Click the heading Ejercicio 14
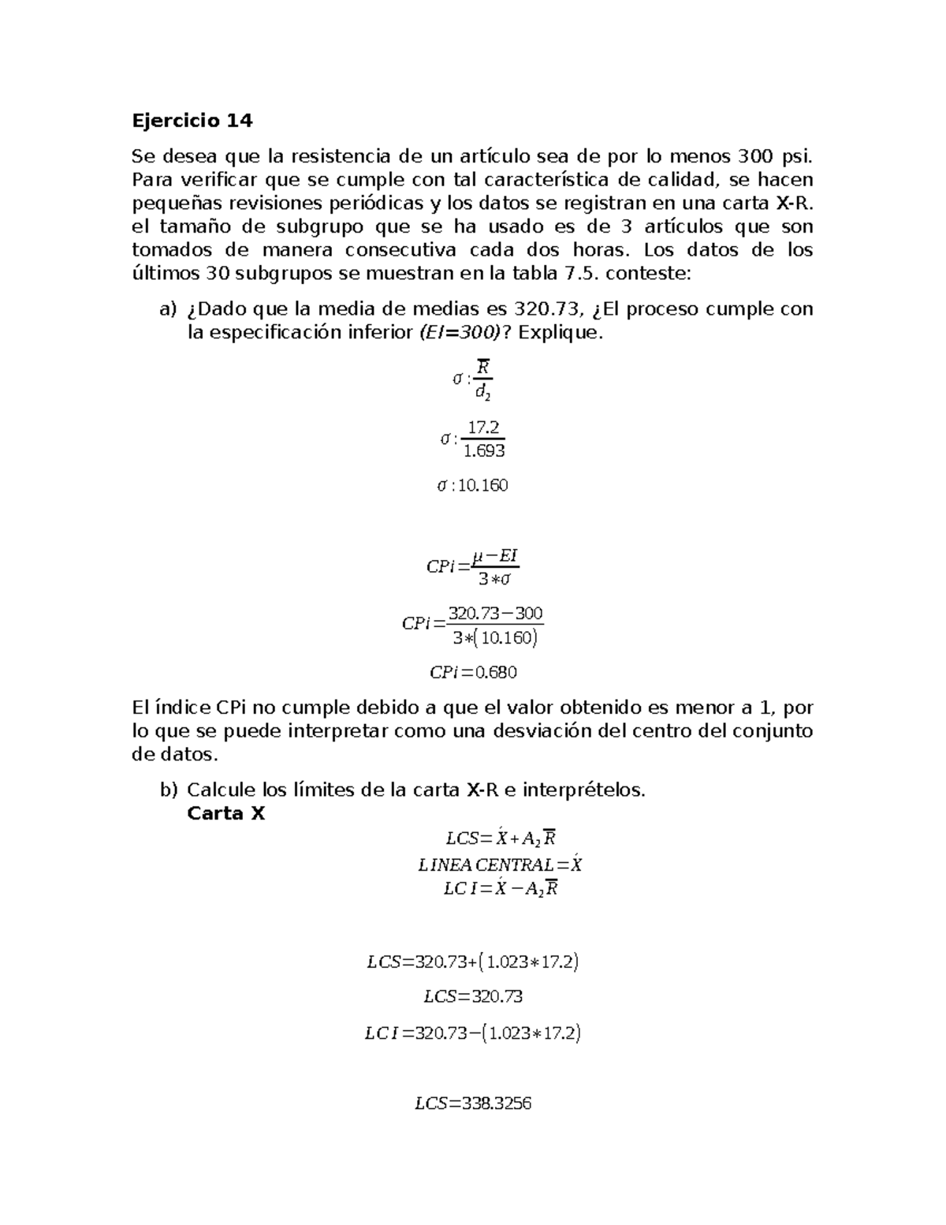[x=192, y=121]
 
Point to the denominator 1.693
[x=483, y=451]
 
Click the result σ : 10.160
[x=473, y=485]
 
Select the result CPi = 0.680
[x=473, y=672]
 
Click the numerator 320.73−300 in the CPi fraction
[x=495, y=613]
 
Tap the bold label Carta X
[x=225, y=813]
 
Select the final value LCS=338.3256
[x=473, y=1104]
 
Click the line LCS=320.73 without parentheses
[x=473, y=996]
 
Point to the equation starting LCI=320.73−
[x=473, y=1033]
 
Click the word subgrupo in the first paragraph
[x=320, y=226]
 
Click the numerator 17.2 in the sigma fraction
[x=483, y=428]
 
